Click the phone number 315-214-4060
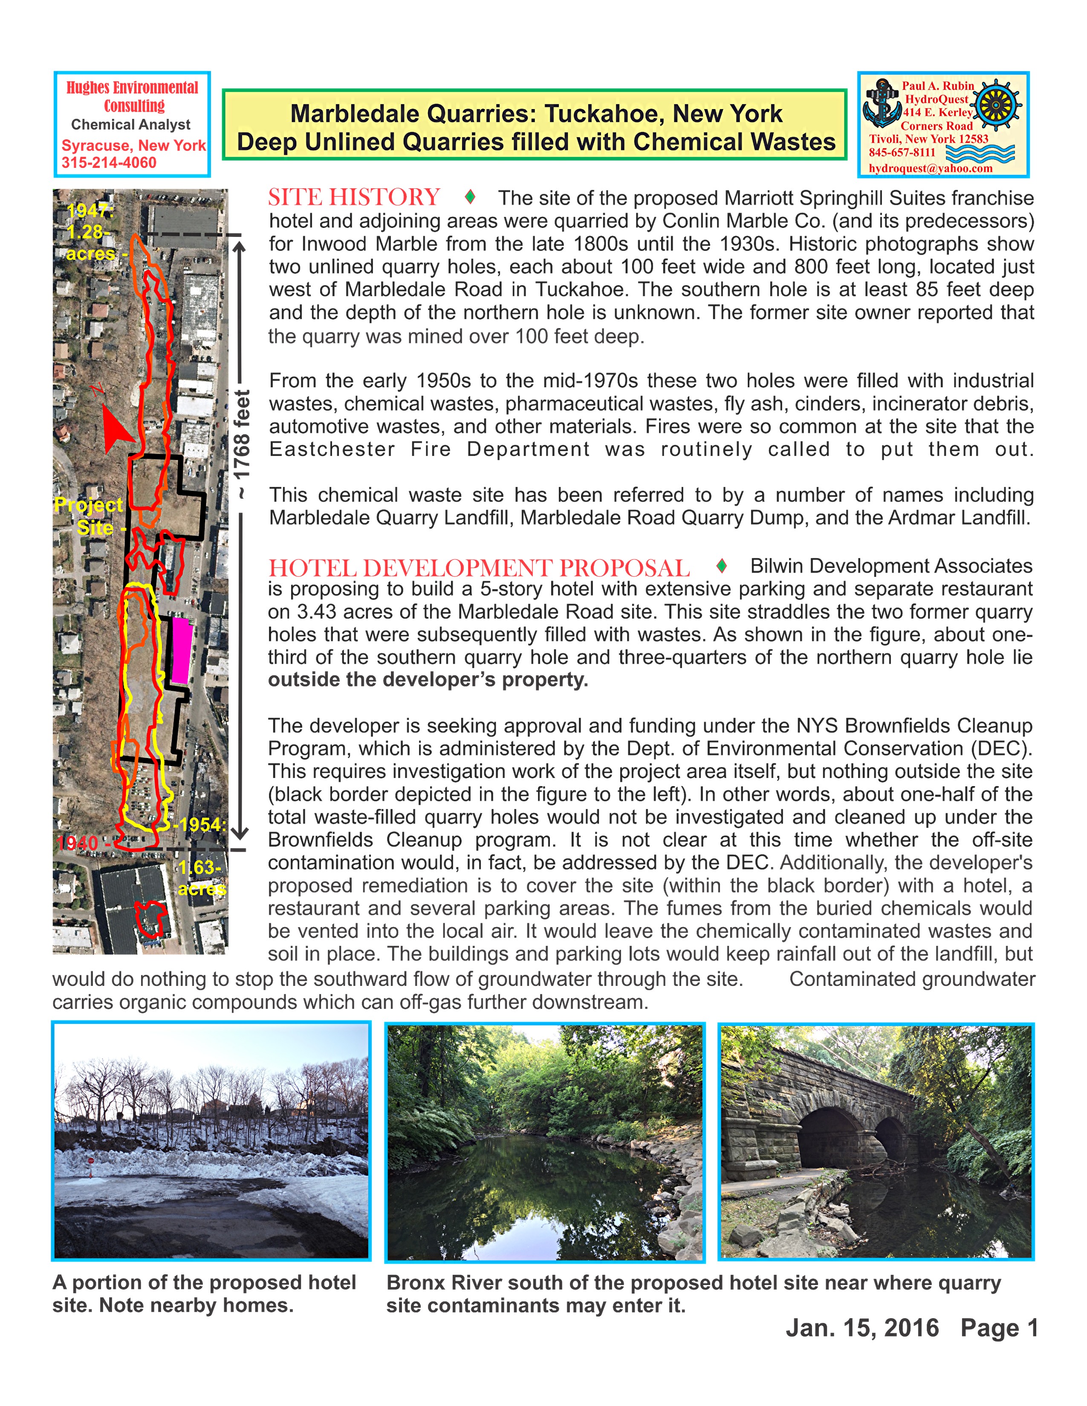click(109, 162)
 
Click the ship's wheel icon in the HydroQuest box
click(996, 103)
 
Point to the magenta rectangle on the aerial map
click(181, 651)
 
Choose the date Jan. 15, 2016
click(862, 1328)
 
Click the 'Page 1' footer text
click(999, 1328)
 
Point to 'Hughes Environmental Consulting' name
click(133, 97)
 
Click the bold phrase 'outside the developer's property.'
click(428, 680)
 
